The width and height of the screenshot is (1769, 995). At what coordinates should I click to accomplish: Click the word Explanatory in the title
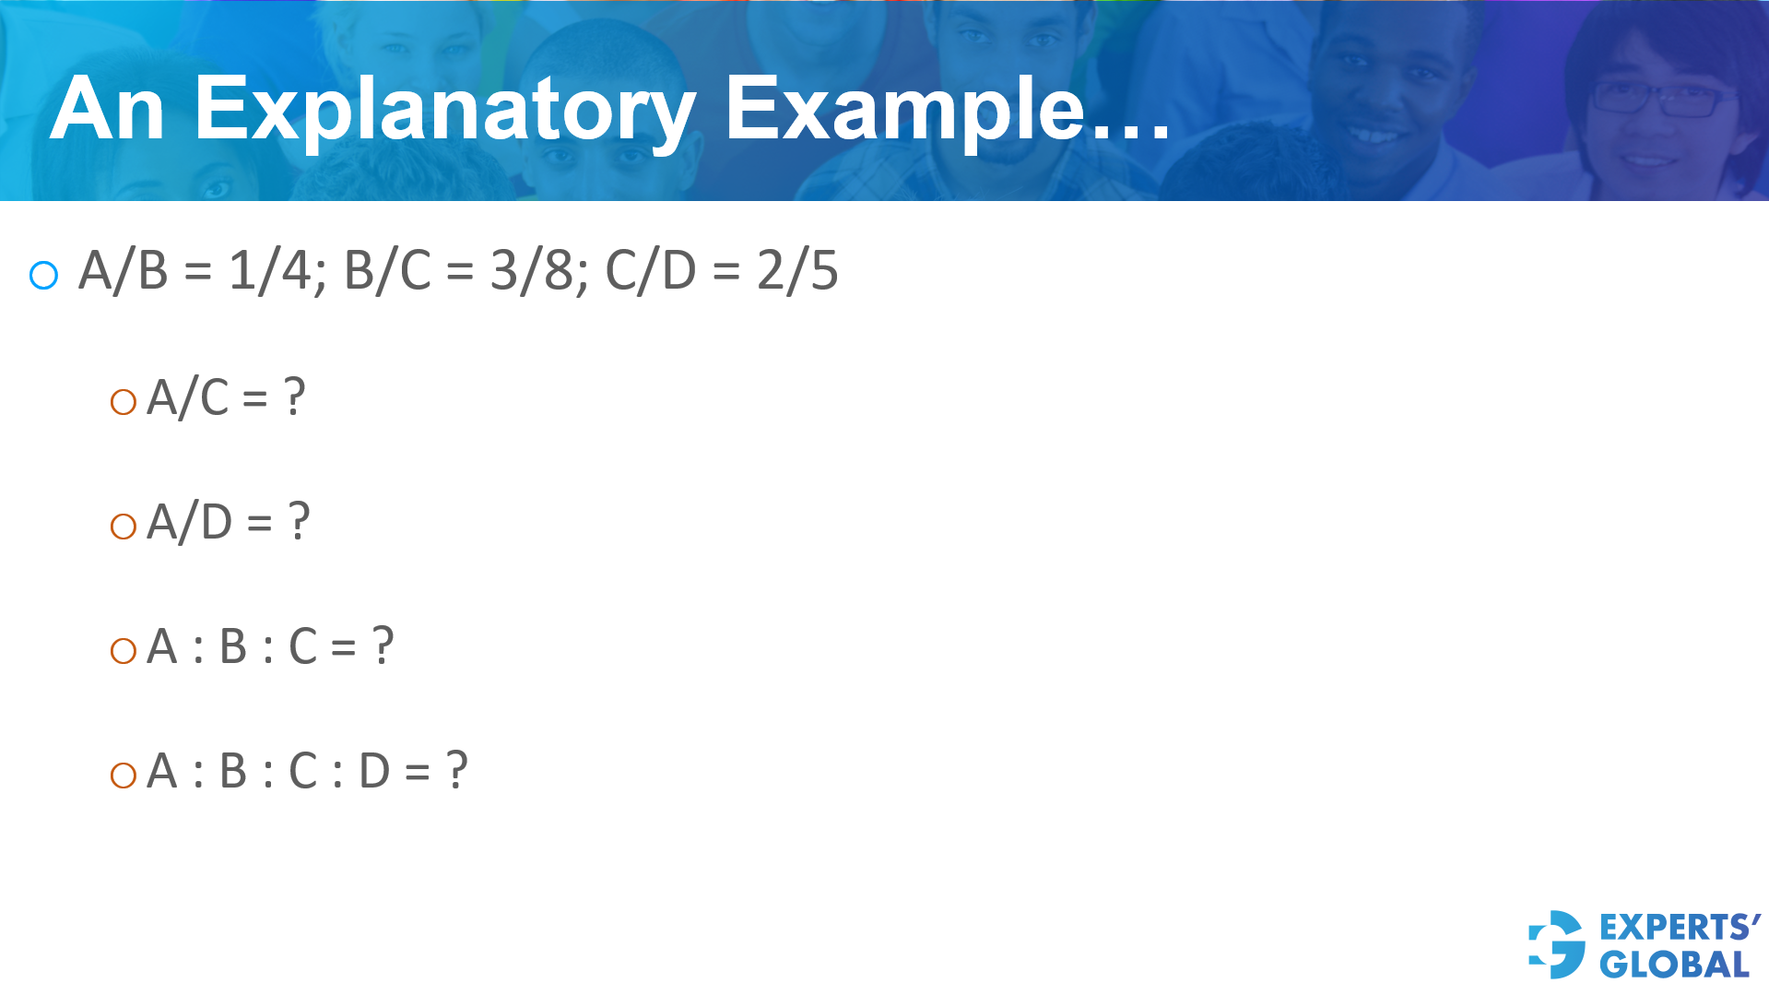444,111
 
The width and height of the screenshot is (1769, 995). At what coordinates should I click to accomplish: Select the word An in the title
107,111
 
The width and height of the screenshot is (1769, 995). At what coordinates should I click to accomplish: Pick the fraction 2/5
797,271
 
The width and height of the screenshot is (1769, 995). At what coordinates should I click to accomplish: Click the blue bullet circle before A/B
44,275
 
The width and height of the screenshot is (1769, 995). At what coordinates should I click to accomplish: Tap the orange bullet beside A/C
123,402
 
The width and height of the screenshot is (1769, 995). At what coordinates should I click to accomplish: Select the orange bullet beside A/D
123,527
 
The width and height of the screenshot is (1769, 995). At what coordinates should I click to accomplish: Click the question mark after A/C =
294,397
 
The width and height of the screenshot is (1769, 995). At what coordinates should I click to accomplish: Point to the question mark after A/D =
299,522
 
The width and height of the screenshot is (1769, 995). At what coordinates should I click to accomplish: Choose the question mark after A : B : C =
383,646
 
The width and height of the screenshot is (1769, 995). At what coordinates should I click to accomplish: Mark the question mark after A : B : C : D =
456,771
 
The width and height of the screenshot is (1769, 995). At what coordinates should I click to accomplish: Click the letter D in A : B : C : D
374,771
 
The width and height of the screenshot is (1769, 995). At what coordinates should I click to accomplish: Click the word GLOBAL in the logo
1674,965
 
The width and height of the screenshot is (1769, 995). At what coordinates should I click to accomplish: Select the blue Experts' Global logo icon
1556,944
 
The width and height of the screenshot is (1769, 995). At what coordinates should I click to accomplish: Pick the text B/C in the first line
387,271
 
